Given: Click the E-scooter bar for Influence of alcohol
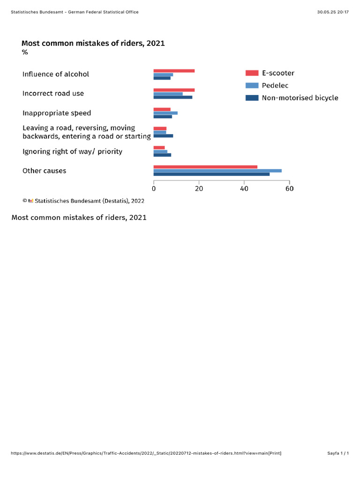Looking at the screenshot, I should click(174, 71).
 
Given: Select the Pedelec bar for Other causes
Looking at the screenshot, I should click(217, 171).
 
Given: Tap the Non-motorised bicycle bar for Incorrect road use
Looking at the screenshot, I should click(172, 97).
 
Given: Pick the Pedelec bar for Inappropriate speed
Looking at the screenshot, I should click(165, 113).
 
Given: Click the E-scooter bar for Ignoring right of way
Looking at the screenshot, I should click(159, 148).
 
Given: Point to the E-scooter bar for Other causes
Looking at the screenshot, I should click(205, 167).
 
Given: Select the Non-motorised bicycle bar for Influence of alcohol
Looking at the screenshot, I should click(162, 78).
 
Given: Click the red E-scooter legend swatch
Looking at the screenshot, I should click(252, 73).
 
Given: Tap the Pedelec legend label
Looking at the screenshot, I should click(275, 86).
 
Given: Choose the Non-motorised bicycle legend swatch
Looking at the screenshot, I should click(252, 98).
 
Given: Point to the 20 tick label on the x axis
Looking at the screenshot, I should click(199, 189).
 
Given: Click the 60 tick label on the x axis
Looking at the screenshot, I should click(289, 189).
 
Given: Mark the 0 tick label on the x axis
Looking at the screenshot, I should click(154, 189).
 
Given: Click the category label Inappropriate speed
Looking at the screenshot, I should click(57, 113).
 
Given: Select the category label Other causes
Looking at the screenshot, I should click(45, 171).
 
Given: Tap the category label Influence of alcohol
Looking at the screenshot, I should click(56, 74).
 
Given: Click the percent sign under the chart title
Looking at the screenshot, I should click(25, 52).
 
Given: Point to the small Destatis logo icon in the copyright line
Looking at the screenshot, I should click(31, 201).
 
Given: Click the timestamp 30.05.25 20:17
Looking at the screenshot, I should click(333, 12).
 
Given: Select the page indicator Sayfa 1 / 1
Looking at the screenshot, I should click(337, 453).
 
